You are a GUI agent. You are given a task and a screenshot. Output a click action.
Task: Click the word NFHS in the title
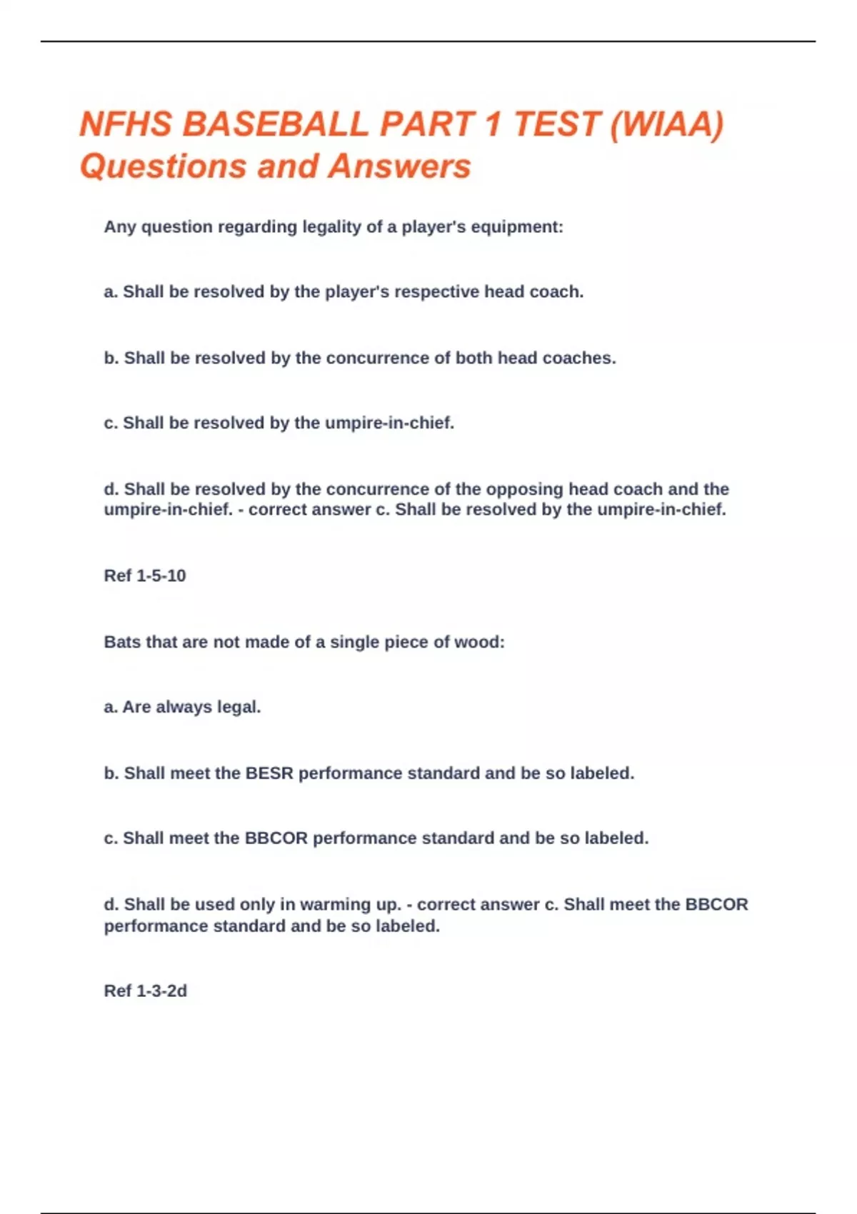point(126,124)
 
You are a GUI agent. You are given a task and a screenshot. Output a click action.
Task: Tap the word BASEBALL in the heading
point(275,124)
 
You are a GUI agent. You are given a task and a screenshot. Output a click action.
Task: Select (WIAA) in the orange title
point(668,124)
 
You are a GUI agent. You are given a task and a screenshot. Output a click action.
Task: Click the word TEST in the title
point(556,124)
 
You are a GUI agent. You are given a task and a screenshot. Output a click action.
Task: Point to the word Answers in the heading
point(400,166)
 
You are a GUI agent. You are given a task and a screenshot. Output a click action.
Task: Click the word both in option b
point(473,358)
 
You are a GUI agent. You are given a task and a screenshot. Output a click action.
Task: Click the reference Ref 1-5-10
point(145,576)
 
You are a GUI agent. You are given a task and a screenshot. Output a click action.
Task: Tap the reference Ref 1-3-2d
point(146,991)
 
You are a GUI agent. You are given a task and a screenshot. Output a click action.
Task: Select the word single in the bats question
point(355,642)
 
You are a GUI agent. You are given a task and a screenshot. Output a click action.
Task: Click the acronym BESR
point(269,773)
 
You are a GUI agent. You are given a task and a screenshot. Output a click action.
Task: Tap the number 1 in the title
point(492,124)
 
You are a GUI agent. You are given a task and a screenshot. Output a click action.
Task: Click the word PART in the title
point(426,124)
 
